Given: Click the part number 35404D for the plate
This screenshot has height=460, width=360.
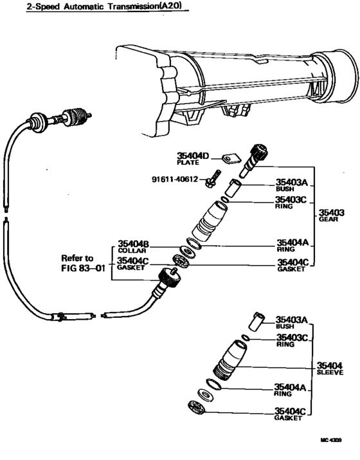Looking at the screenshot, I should click(x=195, y=156).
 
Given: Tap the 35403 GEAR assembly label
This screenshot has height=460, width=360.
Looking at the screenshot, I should click(x=332, y=215).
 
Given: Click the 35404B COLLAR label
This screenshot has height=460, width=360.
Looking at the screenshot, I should click(x=133, y=246).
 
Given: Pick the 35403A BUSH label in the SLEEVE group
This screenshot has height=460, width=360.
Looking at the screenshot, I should click(x=291, y=321).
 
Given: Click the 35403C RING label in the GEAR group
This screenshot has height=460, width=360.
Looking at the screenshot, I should click(x=292, y=203).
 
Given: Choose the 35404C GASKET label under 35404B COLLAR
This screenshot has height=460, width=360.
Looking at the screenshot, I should click(x=133, y=263).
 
